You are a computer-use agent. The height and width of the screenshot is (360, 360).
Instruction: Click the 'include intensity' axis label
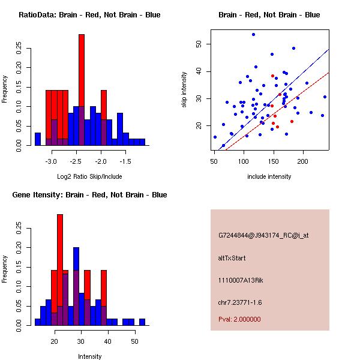(x=269, y=176)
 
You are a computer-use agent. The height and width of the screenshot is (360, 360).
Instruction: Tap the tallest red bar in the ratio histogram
(x=82, y=90)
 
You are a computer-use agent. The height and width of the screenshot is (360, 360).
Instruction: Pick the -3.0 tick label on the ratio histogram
(x=51, y=161)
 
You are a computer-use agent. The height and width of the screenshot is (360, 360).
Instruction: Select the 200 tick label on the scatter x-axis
(x=302, y=161)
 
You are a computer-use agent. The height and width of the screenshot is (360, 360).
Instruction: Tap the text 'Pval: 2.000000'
(x=239, y=319)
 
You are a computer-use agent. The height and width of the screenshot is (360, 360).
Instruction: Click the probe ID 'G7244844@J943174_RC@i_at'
(x=263, y=236)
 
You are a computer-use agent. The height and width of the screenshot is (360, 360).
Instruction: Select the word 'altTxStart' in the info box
(x=232, y=258)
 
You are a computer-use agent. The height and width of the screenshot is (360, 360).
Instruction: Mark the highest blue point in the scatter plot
(x=253, y=34)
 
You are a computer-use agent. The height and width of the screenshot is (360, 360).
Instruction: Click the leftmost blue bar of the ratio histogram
(x=38, y=139)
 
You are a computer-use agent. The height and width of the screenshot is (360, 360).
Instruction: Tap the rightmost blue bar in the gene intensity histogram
(x=142, y=322)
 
